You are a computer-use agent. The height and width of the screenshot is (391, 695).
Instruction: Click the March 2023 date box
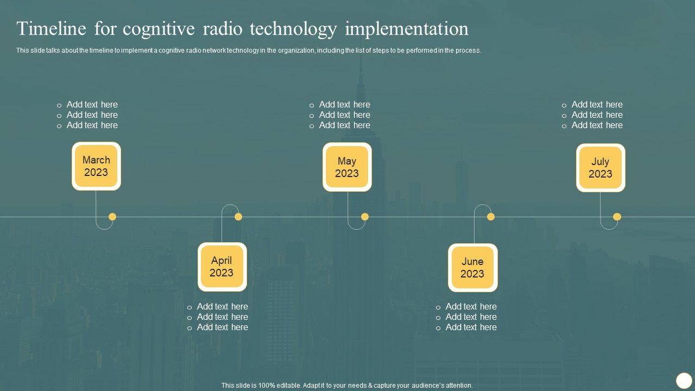[x=96, y=166]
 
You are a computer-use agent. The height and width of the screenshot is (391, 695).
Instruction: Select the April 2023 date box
[x=222, y=267]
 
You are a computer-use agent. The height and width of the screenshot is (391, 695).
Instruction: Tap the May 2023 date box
[x=347, y=167]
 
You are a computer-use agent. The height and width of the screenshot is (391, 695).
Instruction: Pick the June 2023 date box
[x=472, y=268]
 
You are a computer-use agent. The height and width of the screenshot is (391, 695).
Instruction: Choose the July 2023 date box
[x=601, y=168]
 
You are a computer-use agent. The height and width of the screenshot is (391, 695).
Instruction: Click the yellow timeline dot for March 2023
[x=112, y=217]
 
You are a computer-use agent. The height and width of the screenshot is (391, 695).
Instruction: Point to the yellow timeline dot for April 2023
[x=238, y=217]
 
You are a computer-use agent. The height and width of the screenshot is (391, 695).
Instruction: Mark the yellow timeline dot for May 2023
[x=365, y=217]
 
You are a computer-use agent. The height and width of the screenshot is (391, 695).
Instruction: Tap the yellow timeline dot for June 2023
[x=491, y=217]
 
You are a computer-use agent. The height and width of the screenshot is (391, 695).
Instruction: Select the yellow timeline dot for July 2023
[x=617, y=217]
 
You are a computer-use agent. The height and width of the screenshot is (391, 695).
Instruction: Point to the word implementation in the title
[x=407, y=29]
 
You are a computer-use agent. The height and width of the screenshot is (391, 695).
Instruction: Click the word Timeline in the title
[x=52, y=29]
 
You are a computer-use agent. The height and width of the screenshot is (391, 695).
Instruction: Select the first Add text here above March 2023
[x=92, y=104]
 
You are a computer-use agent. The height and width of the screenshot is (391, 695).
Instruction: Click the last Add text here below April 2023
[x=222, y=327]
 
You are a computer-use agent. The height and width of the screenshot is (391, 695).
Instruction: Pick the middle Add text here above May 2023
[x=344, y=115]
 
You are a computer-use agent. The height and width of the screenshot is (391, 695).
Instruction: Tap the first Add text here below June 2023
[x=471, y=306]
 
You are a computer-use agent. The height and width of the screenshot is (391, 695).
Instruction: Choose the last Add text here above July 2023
[x=597, y=125]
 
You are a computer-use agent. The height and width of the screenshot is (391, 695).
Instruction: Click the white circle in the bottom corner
[x=683, y=380]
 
